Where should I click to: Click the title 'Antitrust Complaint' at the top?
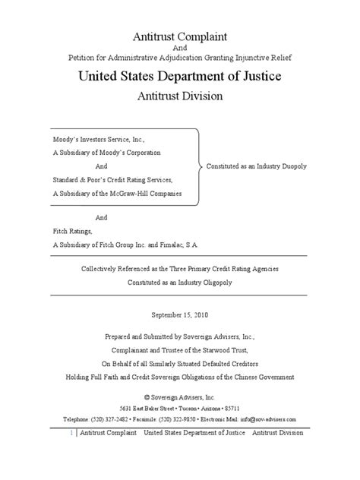[x=180, y=37]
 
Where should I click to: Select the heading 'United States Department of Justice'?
[x=180, y=76]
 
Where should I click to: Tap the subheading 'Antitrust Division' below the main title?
[x=180, y=97]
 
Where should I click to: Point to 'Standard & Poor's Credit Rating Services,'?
[x=113, y=179]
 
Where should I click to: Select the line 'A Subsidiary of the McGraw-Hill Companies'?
[x=117, y=194]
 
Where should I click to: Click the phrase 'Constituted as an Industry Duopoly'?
[x=261, y=166]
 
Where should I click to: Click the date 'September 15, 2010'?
[x=180, y=314]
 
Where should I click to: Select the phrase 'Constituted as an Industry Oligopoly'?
[x=180, y=282]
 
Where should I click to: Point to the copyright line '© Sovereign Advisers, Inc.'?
[x=180, y=396]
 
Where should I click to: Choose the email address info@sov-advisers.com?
[x=270, y=418]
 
